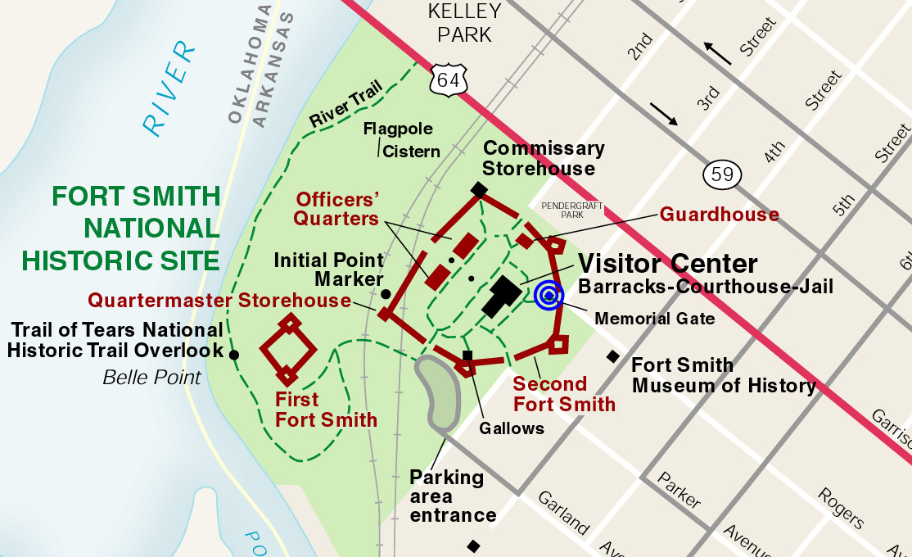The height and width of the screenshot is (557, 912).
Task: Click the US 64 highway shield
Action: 448,79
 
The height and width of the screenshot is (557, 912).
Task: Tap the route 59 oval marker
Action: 723,174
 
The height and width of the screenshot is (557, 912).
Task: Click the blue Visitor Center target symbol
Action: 549,296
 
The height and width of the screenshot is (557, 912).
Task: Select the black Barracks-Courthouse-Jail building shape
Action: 501,296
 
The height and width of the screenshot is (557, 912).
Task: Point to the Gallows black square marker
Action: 467,355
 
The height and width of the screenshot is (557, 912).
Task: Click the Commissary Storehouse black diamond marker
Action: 479,189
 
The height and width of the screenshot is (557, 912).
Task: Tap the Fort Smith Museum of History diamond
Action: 612,355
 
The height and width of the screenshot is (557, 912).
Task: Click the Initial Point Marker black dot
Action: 386,293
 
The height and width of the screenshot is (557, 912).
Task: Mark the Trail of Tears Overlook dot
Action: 234,355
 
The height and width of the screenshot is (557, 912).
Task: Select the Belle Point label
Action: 151,378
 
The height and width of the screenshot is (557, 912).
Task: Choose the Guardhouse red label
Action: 720,215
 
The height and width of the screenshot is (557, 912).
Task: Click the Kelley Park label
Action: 465,23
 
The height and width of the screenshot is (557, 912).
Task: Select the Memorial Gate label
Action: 655,319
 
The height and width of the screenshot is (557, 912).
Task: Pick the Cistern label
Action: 411,152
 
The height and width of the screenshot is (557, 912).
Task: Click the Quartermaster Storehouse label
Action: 219,301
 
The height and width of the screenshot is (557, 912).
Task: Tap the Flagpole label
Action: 398,129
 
